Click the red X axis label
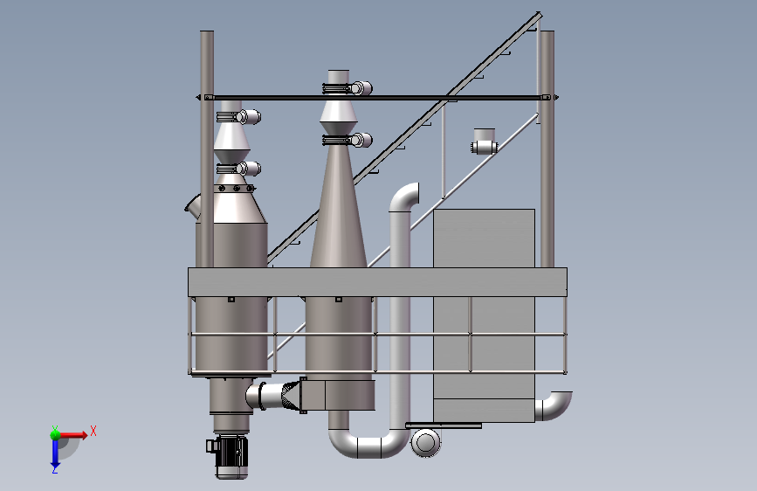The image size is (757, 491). click(93, 431)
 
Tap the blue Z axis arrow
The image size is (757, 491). click(55, 453)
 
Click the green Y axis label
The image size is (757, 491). click(55, 430)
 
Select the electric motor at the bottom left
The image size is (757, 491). click(228, 457)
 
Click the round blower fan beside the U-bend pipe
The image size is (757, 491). click(425, 442)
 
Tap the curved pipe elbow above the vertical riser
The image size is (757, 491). click(403, 197)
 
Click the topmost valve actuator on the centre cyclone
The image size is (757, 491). click(348, 88)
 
